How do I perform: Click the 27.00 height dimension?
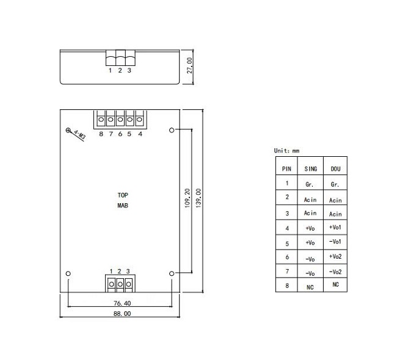click(189, 65)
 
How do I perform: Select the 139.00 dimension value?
click(198, 198)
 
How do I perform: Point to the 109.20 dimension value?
click(188, 198)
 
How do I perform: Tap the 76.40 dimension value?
click(122, 303)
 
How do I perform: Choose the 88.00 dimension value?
click(122, 314)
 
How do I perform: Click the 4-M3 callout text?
click(80, 135)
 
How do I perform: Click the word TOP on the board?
click(123, 195)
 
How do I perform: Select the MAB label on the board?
click(123, 206)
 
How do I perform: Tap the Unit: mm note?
click(286, 151)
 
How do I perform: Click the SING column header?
click(311, 169)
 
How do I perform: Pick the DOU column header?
click(335, 169)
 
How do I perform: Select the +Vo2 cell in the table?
click(335, 256)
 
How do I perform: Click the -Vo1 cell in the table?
click(335, 242)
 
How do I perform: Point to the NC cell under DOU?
click(335, 284)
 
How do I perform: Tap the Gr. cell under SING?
click(310, 184)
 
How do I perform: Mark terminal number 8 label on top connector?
click(101, 134)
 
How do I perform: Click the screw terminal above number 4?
click(139, 120)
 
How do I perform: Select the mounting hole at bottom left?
click(68, 273)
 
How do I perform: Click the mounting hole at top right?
click(172, 130)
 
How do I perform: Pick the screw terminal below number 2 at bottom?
click(120, 284)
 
